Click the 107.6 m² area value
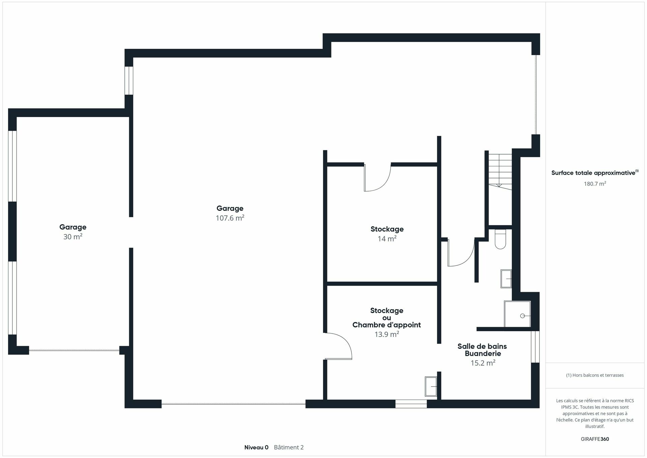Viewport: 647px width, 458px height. pos(230,218)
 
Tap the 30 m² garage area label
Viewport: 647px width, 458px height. pos(73,237)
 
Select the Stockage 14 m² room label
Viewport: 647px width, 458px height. pos(387,229)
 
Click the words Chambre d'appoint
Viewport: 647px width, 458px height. pos(386,325)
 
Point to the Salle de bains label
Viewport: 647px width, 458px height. pos(482,346)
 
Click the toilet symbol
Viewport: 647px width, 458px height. pos(500,239)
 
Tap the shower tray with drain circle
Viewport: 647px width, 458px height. pos(517,314)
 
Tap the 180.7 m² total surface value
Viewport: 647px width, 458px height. pos(595,184)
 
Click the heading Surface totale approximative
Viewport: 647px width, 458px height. pos(593,173)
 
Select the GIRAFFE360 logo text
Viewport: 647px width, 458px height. pos(595,439)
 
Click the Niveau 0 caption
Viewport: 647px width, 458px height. pos(256,448)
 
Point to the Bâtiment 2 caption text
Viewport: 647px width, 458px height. pos(289,448)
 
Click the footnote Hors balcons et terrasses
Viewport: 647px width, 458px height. pos(595,375)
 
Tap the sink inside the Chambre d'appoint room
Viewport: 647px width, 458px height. pos(431,387)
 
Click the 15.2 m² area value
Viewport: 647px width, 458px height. pos(483,363)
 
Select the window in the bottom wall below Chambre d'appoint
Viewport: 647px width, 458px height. pos(411,404)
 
